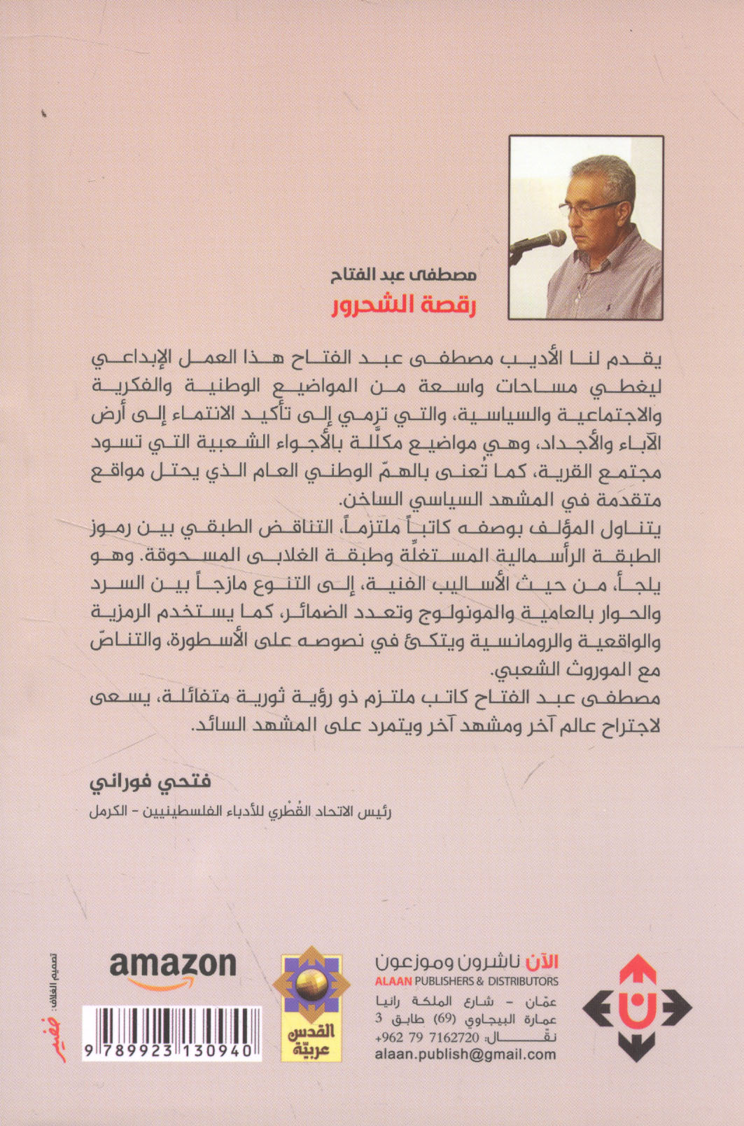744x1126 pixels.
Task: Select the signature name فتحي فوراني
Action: point(151,780)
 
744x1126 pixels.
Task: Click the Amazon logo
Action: point(172,968)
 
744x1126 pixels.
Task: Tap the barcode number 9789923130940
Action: point(171,1051)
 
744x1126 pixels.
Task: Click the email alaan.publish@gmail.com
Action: point(465,1055)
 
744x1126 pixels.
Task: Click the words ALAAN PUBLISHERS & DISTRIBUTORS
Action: point(467,981)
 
